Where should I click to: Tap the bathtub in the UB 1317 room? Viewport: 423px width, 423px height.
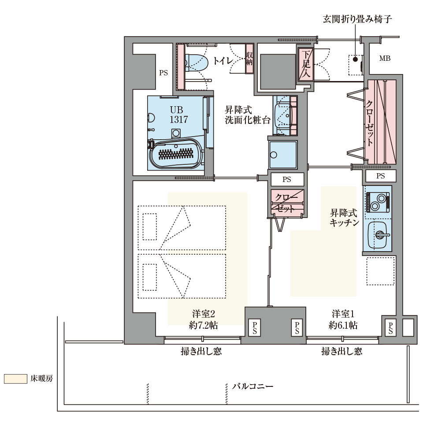click(x=176, y=153)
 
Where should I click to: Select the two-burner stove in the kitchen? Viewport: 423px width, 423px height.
click(x=378, y=202)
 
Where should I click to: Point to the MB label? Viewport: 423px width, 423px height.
click(x=385, y=58)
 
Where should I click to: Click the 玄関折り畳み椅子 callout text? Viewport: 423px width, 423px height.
click(x=357, y=19)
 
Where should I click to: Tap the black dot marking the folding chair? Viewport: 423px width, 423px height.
click(x=355, y=59)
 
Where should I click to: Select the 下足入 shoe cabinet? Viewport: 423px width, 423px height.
click(x=306, y=64)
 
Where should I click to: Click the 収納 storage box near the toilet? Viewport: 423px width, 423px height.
click(x=249, y=59)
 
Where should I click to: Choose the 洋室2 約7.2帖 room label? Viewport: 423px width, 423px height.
click(x=203, y=319)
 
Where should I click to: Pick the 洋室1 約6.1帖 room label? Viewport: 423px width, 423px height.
click(x=343, y=319)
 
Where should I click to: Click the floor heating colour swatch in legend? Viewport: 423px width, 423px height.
click(x=16, y=379)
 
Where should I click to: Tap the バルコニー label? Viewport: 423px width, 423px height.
click(x=252, y=386)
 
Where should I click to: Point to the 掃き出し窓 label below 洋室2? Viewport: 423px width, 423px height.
click(x=201, y=351)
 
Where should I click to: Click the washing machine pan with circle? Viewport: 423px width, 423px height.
click(x=283, y=155)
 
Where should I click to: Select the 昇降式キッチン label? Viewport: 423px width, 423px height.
click(x=344, y=217)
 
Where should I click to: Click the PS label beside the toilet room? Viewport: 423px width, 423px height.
click(x=163, y=73)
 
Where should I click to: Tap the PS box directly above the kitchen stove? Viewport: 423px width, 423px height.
click(x=381, y=176)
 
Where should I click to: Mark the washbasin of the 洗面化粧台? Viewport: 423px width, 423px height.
click(x=283, y=115)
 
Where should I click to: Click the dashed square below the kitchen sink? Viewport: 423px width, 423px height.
click(x=380, y=271)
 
